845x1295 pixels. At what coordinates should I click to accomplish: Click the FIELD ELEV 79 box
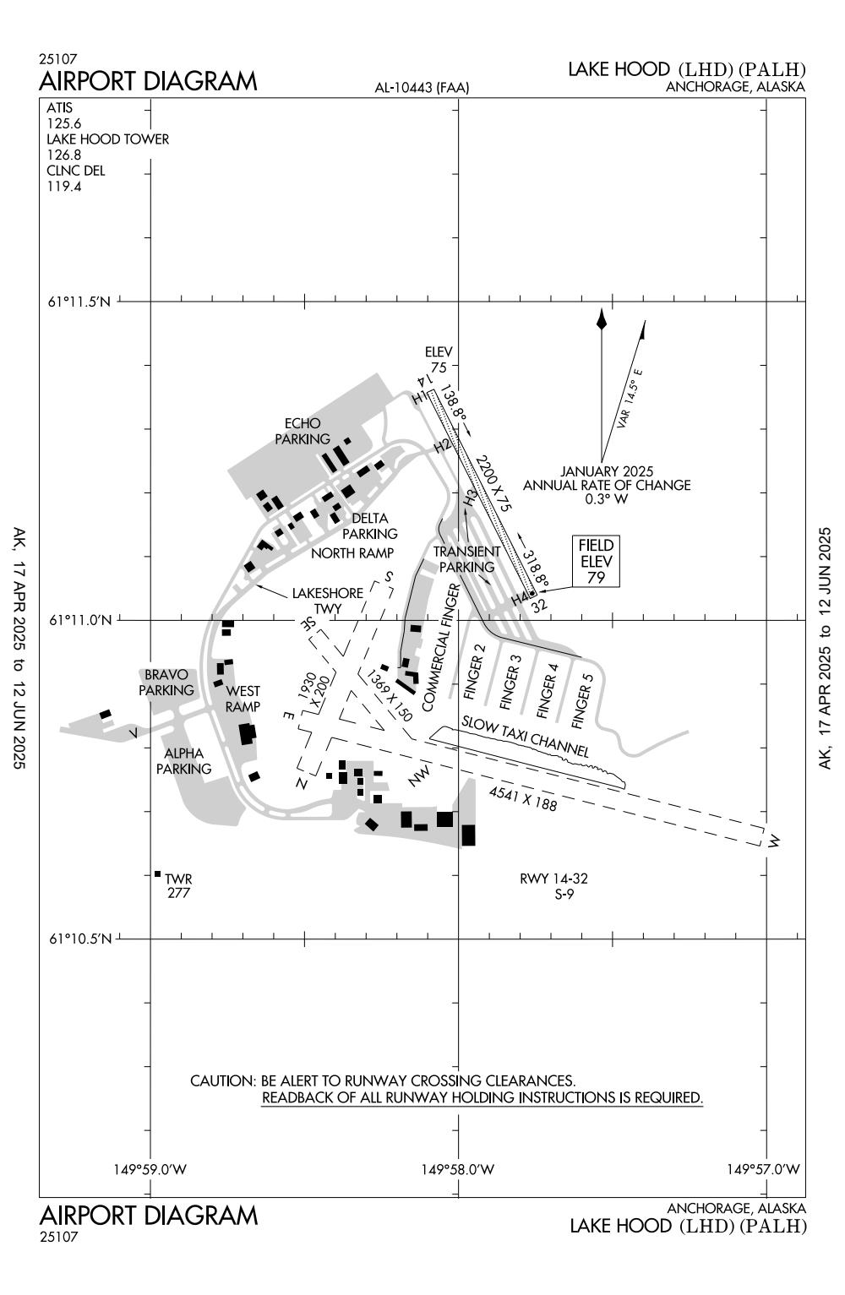(x=595, y=561)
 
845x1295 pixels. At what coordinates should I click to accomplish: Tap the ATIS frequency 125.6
(x=64, y=123)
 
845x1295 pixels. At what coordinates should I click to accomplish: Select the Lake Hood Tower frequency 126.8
(x=64, y=155)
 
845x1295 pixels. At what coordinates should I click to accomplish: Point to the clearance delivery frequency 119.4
(x=64, y=186)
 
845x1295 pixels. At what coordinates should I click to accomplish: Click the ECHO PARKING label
(x=303, y=432)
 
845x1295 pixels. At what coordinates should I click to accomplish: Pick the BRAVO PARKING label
(x=166, y=683)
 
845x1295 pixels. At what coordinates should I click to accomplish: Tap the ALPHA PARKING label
(x=184, y=761)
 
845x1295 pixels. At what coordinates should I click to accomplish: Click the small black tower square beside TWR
(x=157, y=873)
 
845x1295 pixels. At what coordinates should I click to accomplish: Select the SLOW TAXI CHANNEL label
(x=525, y=737)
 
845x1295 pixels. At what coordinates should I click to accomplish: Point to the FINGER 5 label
(x=582, y=698)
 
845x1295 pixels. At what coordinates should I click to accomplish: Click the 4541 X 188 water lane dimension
(x=523, y=798)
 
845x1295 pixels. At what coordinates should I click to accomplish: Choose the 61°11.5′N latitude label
(x=79, y=302)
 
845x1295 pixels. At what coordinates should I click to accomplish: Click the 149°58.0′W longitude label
(x=457, y=1169)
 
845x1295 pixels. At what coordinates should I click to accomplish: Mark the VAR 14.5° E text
(x=630, y=399)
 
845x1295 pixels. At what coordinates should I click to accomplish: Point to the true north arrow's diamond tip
(x=602, y=319)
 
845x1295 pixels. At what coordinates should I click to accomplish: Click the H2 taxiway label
(x=442, y=446)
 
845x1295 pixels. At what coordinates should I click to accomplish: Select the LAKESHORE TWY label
(x=327, y=601)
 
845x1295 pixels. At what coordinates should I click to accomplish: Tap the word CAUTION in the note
(x=223, y=1080)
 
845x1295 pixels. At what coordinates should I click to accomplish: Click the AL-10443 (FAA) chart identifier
(x=422, y=88)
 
